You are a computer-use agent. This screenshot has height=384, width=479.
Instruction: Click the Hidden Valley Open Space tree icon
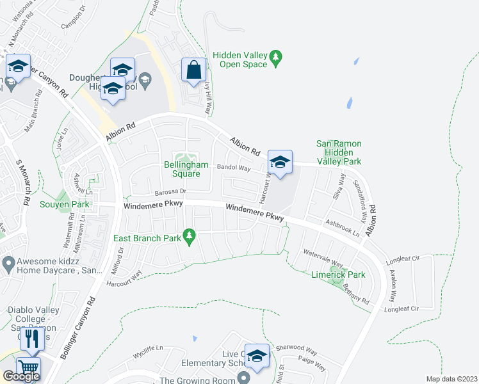pyautogui.click(x=276, y=58)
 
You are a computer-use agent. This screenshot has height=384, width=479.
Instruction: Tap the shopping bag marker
pyautogui.click(x=193, y=70)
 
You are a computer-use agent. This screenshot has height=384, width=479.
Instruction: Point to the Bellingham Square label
pyautogui.click(x=186, y=169)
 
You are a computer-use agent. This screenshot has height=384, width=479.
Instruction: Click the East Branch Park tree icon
pyautogui.click(x=189, y=239)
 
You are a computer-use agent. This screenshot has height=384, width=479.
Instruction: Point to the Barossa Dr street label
pyautogui.click(x=170, y=191)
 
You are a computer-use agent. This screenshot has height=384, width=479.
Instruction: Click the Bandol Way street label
pyautogui.click(x=234, y=168)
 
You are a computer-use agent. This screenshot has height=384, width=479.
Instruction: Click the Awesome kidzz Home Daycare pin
pyautogui.click(x=8, y=262)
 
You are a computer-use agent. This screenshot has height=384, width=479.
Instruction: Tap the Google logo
pyautogui.click(x=21, y=376)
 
